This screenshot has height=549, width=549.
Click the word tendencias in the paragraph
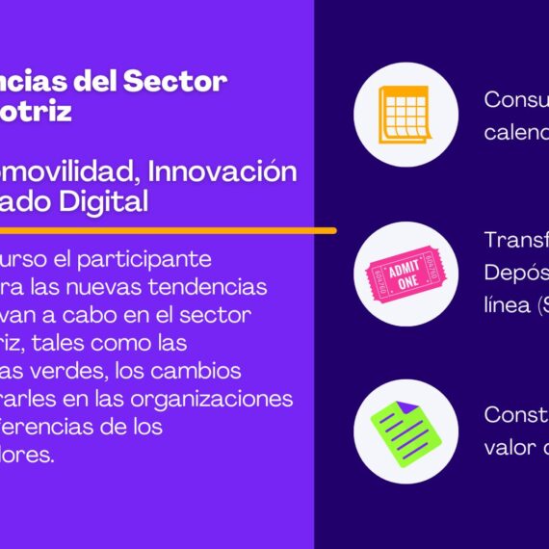point(218,288)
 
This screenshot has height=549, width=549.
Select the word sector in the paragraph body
point(223,316)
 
